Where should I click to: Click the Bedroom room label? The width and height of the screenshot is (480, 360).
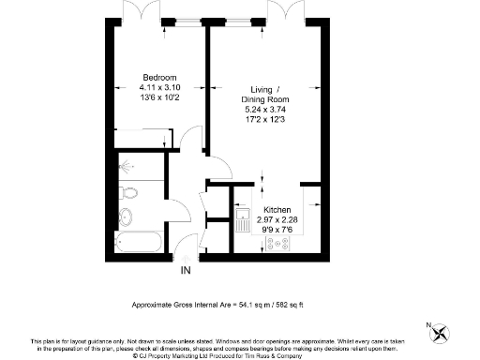tap(159, 77)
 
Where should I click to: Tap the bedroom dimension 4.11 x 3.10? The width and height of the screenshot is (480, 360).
tap(159, 86)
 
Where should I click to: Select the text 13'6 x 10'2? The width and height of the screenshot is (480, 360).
tap(159, 96)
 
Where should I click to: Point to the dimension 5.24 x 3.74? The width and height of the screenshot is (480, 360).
tap(278, 108)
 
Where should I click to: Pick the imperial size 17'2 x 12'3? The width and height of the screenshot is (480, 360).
tap(278, 117)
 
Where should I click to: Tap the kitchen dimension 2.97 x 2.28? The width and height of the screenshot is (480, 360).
tap(277, 219)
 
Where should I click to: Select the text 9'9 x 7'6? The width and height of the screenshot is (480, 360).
tap(277, 229)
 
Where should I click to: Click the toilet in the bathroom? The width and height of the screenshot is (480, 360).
tap(131, 194)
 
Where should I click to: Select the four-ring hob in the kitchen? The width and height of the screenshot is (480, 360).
tap(280, 244)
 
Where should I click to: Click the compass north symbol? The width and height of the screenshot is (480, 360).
tap(443, 331)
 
